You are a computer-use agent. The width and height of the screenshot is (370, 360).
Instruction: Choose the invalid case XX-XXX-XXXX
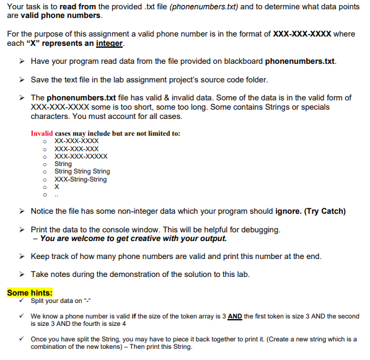(77, 141)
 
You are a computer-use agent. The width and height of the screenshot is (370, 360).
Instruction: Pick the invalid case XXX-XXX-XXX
(77, 149)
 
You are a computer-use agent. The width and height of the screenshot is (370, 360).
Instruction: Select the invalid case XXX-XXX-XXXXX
(81, 157)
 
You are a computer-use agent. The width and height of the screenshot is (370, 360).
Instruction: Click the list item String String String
(82, 172)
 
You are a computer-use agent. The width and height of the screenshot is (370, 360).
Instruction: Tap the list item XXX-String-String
(81, 180)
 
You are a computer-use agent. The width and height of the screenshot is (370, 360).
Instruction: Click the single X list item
(57, 187)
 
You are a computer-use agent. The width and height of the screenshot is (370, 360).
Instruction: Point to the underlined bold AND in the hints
(235, 316)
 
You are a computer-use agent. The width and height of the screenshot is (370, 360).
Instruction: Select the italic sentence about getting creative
(133, 238)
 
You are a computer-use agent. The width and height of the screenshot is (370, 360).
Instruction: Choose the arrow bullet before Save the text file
(22, 80)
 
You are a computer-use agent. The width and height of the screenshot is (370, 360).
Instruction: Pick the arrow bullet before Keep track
(22, 257)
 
